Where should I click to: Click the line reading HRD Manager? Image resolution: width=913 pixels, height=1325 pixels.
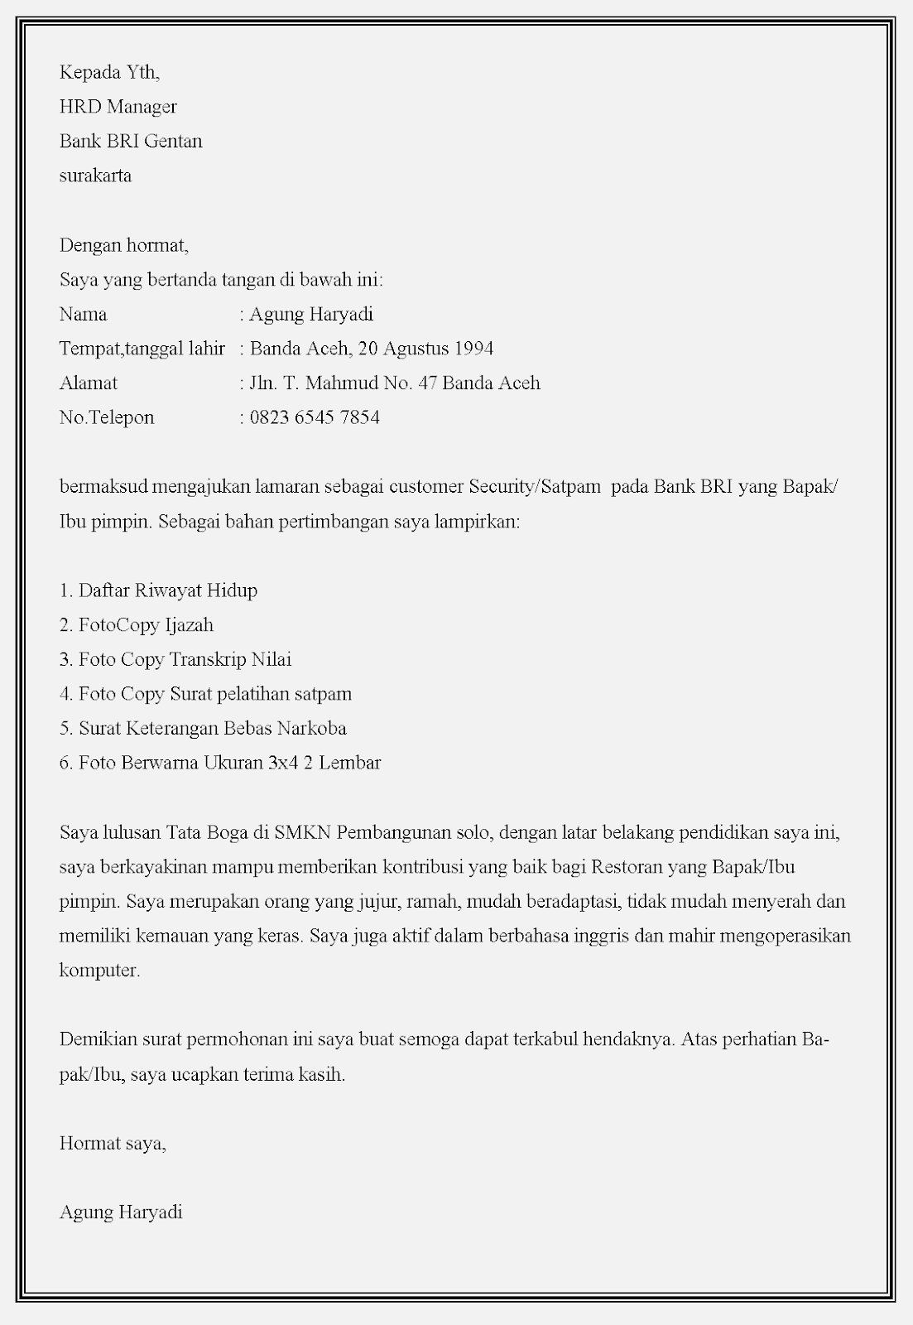pos(118,107)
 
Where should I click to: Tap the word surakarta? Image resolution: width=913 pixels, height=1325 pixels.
pos(95,176)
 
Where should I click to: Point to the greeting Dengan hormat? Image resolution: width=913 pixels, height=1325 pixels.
pos(123,245)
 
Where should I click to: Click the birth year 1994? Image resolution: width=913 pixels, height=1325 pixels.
pos(473,349)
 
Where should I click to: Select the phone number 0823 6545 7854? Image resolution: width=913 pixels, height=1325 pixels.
pos(315,417)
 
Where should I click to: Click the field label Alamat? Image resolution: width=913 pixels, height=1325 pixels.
pos(89,383)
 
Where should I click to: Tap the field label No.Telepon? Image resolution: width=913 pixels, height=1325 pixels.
pos(107,417)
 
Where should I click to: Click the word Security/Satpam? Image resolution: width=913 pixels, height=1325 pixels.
pos(534,486)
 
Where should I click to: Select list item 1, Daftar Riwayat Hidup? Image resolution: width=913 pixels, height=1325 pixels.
pos(158,590)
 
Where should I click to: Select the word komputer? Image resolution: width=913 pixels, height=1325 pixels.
pos(99,971)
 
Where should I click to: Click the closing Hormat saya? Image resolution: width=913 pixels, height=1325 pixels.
pos(113,1144)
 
